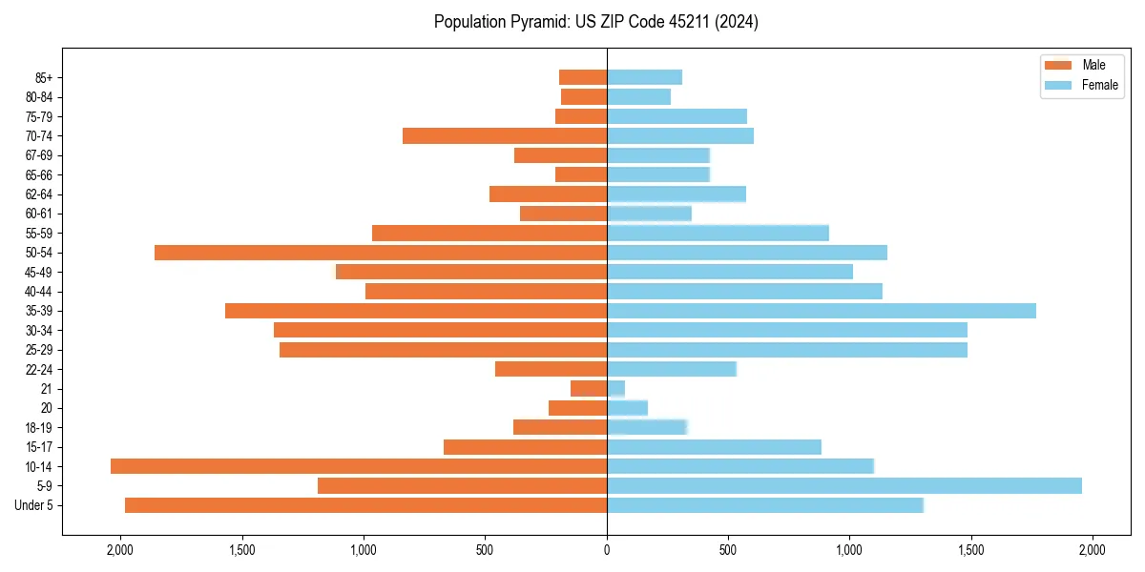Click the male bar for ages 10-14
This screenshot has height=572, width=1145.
click(359, 466)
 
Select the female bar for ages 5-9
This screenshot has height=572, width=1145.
click(844, 486)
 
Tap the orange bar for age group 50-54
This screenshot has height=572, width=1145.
click(381, 253)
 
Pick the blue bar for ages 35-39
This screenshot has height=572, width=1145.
click(822, 311)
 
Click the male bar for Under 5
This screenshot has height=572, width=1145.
click(365, 505)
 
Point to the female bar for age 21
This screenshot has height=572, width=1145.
click(616, 389)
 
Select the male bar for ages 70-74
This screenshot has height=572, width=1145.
click(505, 136)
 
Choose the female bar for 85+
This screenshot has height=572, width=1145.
click(644, 77)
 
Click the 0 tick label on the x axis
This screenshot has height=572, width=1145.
click(607, 550)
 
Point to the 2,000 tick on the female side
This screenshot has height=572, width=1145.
click(1092, 550)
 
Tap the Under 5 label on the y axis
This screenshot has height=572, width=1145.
click(34, 505)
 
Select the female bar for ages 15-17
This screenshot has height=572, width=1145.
click(714, 447)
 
